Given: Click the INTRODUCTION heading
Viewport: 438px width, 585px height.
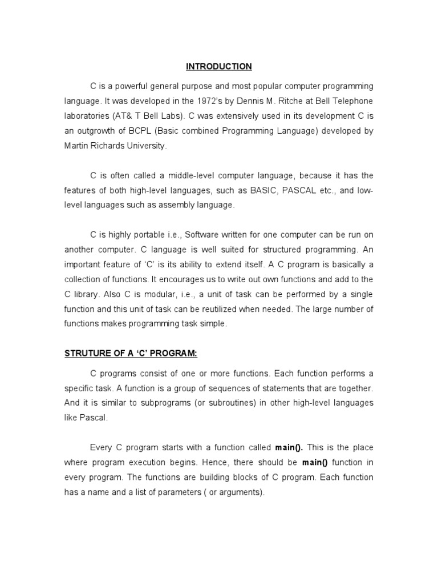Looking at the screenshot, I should [x=218, y=67].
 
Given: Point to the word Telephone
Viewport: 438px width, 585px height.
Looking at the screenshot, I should [x=352, y=101].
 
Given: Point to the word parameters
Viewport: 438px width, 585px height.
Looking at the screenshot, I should [x=188, y=492].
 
